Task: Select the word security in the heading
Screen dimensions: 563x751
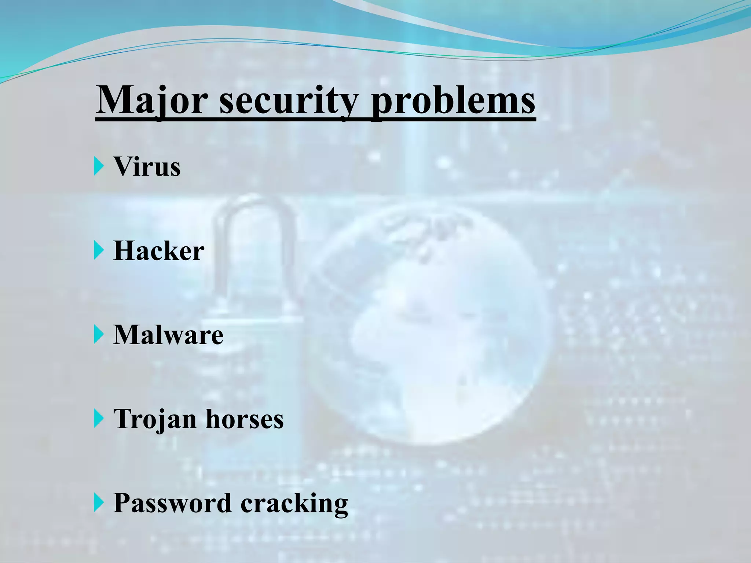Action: [288, 100]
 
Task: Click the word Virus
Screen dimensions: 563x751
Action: [147, 167]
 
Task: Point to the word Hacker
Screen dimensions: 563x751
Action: [159, 251]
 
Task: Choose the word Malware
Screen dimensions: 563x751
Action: [168, 335]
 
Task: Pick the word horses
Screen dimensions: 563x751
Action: [245, 419]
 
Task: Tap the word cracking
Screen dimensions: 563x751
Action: [294, 503]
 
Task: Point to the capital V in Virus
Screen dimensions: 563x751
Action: [122, 167]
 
